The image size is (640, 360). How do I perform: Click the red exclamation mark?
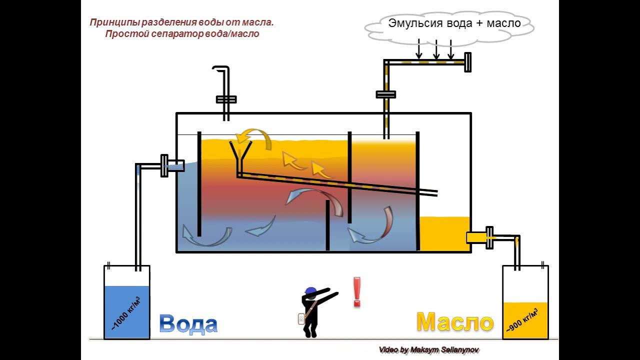(356, 292)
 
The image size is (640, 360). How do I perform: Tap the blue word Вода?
(188, 324)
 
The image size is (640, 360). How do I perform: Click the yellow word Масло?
(455, 321)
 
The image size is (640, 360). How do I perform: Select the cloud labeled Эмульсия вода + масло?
(449, 25)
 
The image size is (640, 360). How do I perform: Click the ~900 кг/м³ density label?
(523, 320)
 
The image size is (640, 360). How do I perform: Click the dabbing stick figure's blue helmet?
(310, 291)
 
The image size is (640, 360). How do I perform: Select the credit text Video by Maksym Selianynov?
(429, 350)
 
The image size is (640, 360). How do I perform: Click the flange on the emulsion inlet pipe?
(385, 94)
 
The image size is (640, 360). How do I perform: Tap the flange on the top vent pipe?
(226, 99)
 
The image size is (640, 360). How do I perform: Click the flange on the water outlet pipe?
(164, 165)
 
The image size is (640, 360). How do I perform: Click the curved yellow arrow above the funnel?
(254, 137)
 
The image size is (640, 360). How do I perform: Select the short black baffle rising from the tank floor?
(327, 225)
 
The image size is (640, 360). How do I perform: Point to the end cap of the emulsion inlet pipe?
(467, 62)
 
